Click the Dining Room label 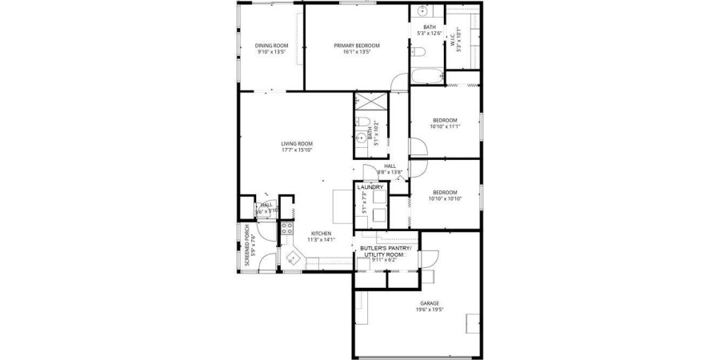click(271, 46)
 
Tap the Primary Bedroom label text click(357, 46)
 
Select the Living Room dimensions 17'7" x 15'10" click(296, 150)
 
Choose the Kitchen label click(321, 234)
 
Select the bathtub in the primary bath click(425, 78)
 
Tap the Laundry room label click(370, 187)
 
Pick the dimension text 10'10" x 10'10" click(445, 198)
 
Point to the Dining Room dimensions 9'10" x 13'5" click(271, 52)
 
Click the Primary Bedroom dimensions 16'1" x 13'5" click(357, 52)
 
